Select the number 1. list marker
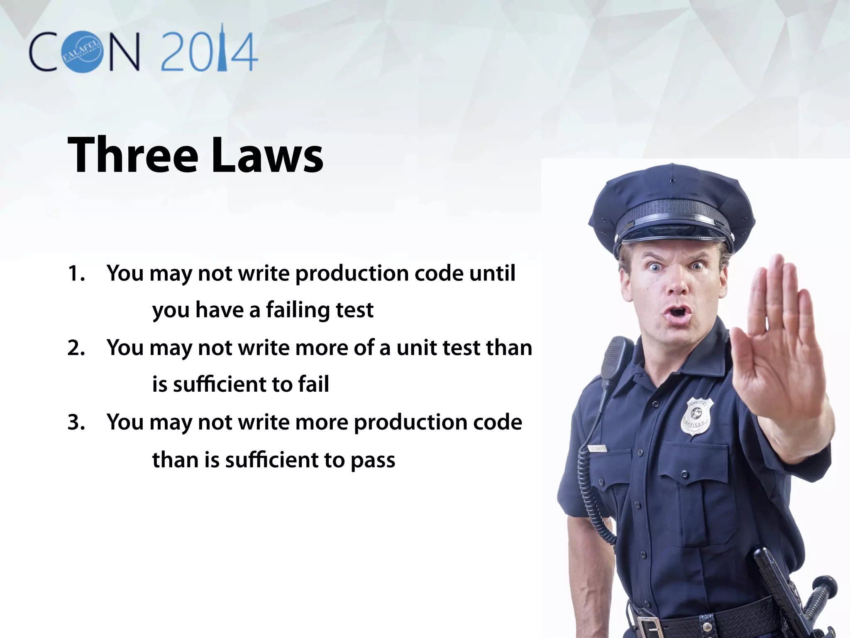pos(76,274)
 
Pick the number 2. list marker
pos(76,348)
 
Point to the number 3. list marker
pos(76,422)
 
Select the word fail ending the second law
pos(313,384)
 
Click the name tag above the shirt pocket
pos(598,449)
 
